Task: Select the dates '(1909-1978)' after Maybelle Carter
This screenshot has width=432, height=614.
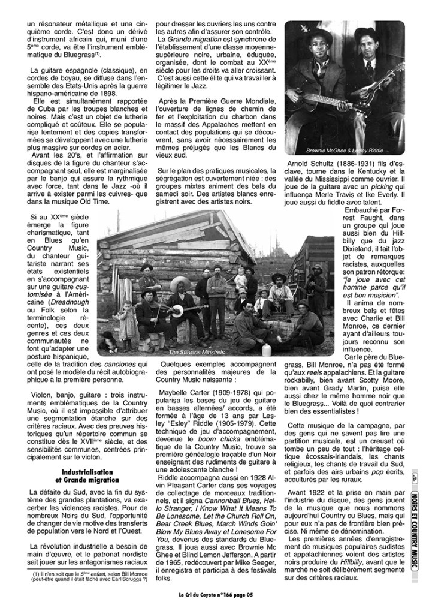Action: [222, 393]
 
